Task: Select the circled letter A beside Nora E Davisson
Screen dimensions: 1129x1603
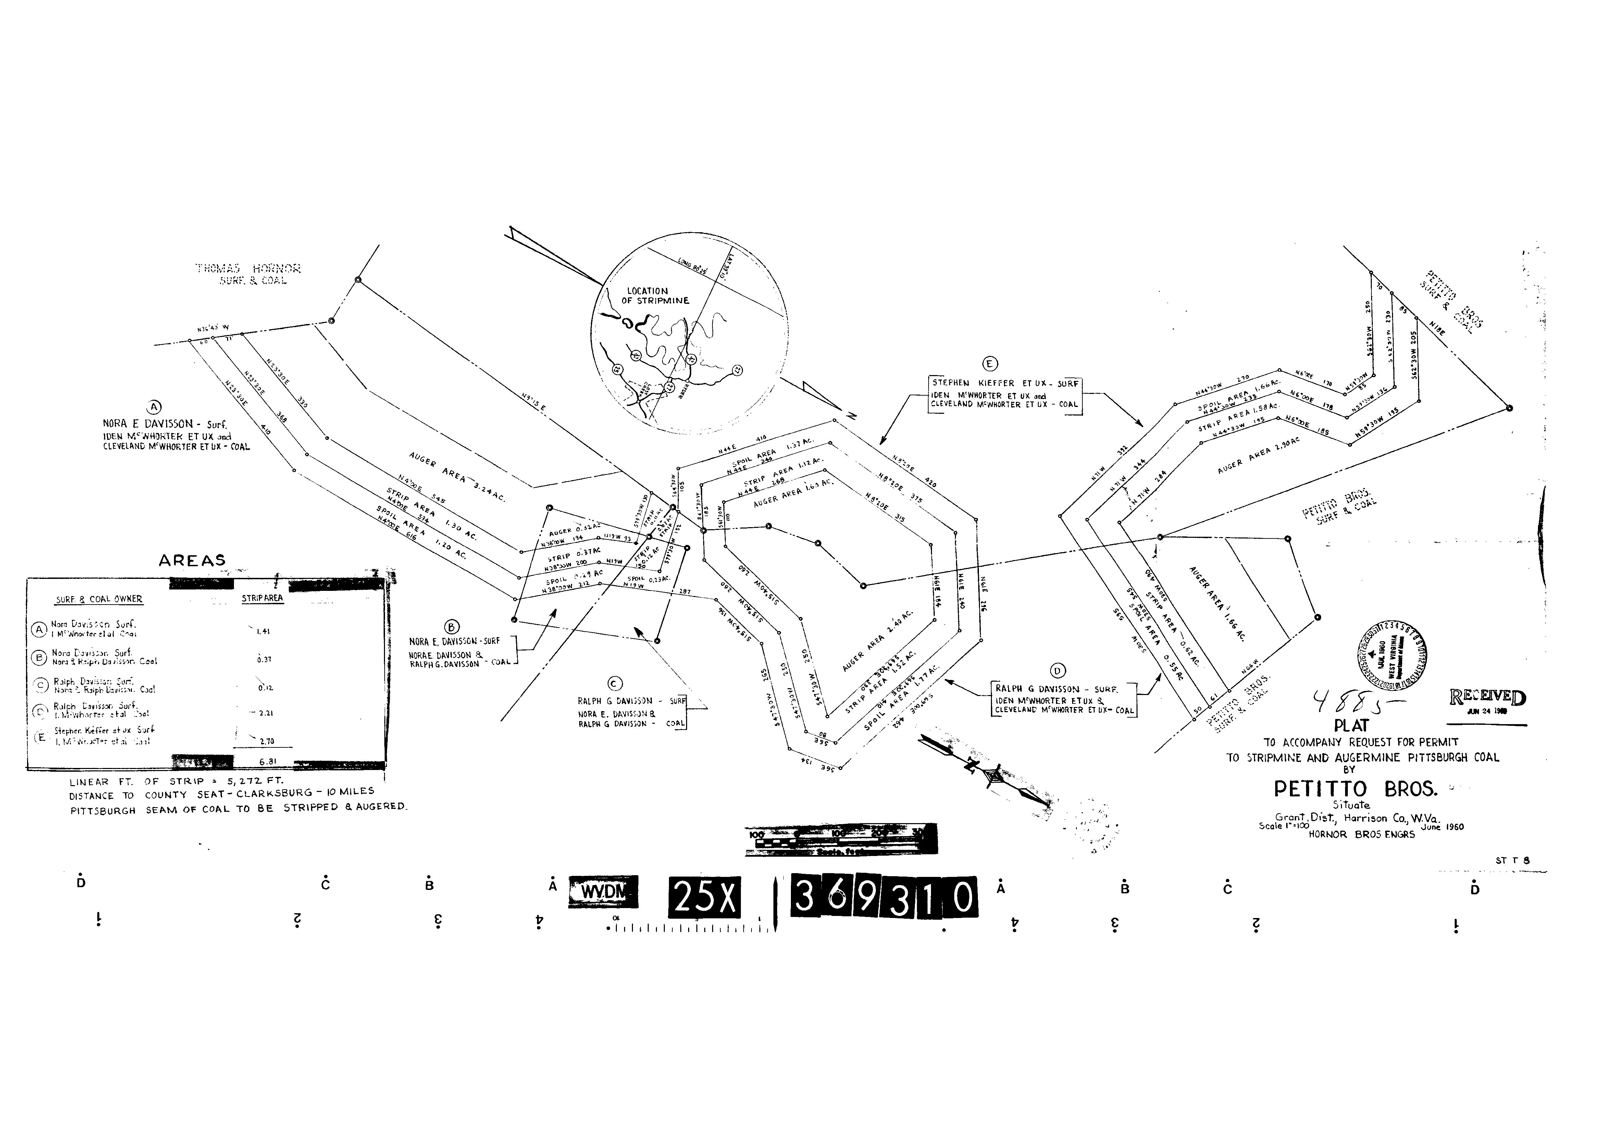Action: pos(154,407)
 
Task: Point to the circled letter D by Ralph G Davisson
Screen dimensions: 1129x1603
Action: pos(1058,671)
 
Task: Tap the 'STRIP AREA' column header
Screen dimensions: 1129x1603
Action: pos(262,598)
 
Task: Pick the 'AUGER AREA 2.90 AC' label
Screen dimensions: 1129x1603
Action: pos(1258,455)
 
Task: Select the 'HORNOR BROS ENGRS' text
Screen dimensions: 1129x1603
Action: pos(1362,834)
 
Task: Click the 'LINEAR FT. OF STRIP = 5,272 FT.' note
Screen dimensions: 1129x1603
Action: pos(176,782)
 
